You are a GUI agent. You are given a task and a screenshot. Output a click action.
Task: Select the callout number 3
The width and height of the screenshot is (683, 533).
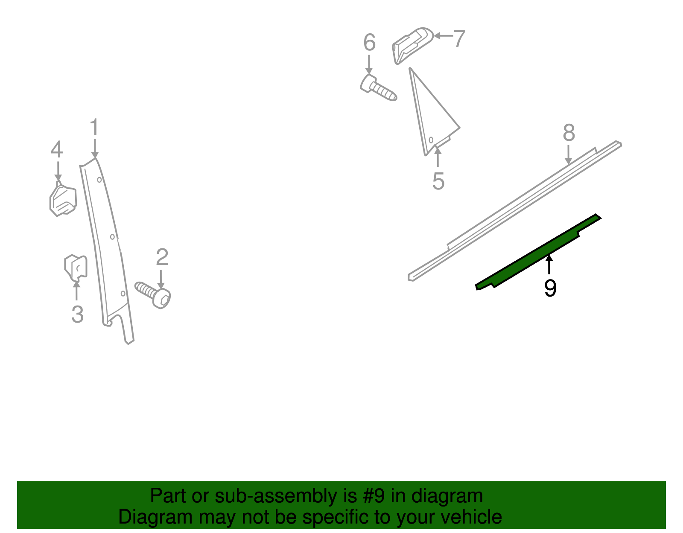78,314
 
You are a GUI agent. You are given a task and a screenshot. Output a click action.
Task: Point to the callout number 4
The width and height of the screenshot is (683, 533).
57,149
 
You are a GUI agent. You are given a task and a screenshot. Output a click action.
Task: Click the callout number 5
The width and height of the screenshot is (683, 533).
438,181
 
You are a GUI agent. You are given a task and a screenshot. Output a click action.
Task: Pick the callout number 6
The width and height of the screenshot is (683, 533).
369,42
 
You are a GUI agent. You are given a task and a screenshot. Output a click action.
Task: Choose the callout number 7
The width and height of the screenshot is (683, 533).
459,38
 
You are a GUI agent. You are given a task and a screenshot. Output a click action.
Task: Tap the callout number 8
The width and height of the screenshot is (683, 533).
569,132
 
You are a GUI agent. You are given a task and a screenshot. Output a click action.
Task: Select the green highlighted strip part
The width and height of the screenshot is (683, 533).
538,252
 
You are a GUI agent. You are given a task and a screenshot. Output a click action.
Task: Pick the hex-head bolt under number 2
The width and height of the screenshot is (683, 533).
153,295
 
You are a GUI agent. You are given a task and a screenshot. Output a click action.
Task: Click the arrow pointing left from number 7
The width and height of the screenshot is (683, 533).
443,36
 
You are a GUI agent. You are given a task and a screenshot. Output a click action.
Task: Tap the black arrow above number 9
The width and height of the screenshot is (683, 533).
549,264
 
